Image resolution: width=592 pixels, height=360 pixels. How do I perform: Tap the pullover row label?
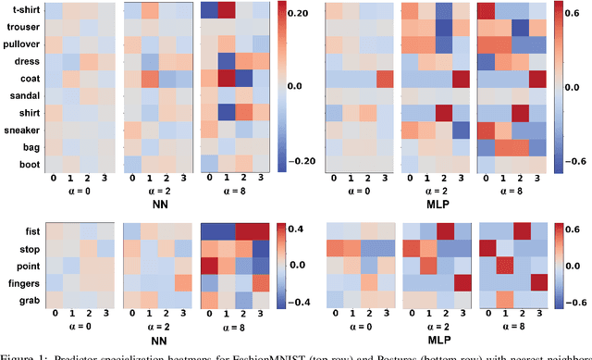point(21,44)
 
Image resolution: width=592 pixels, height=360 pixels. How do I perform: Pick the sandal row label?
point(23,95)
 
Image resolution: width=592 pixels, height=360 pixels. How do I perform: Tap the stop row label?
point(28,248)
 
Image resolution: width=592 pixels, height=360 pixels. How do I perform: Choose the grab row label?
point(28,300)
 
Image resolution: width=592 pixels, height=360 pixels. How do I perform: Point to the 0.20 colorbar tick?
point(301,15)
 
